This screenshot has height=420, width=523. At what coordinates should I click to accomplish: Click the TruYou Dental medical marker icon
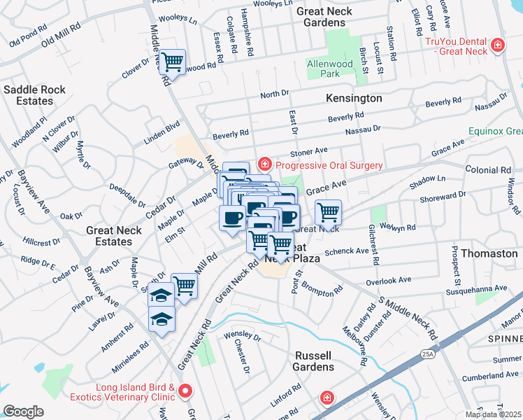(497, 46)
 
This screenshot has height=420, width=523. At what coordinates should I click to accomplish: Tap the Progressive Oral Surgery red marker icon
(264, 165)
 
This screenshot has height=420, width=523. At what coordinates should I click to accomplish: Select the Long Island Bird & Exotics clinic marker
(185, 391)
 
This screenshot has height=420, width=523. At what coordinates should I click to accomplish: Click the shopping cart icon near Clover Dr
(171, 61)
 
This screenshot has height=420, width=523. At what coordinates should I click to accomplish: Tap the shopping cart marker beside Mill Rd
(184, 285)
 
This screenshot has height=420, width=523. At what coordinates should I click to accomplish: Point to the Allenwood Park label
(333, 69)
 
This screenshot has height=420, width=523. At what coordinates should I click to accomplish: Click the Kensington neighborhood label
(354, 99)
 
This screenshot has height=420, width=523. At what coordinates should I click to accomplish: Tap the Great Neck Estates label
(108, 236)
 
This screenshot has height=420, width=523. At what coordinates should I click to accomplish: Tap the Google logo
(23, 412)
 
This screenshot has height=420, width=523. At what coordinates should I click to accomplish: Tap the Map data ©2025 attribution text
(493, 414)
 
